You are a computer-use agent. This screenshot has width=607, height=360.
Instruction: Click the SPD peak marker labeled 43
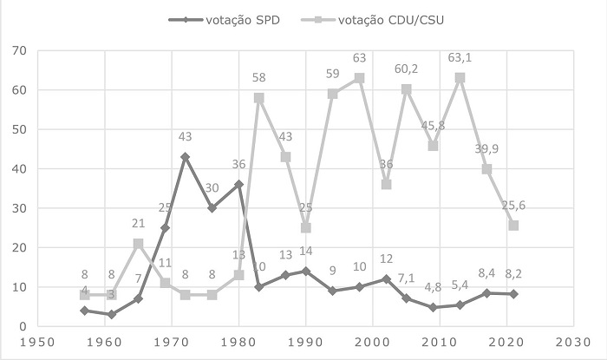[185, 157]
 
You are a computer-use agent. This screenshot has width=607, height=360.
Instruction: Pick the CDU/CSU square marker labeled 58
[259, 98]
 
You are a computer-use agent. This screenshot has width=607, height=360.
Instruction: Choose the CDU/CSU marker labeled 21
[137, 244]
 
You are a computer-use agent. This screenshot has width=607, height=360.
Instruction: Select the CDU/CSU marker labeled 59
[333, 94]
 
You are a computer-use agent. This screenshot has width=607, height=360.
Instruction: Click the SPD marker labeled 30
[212, 208]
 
